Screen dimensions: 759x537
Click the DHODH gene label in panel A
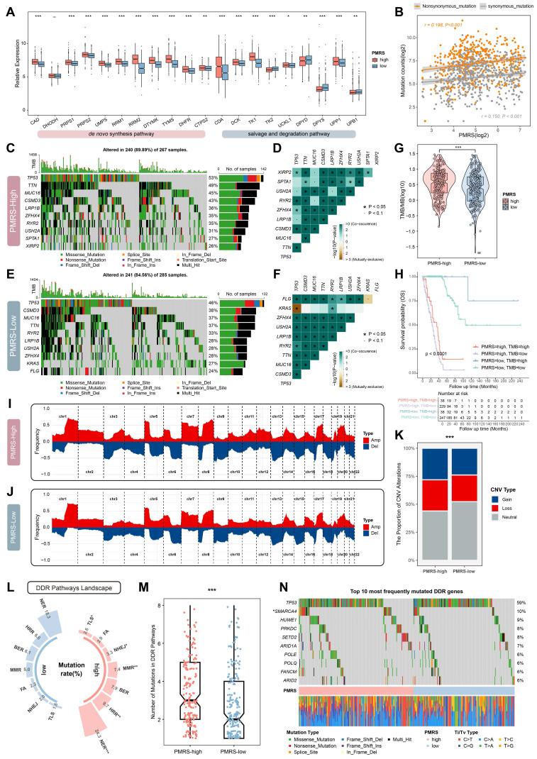click(50, 117)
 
